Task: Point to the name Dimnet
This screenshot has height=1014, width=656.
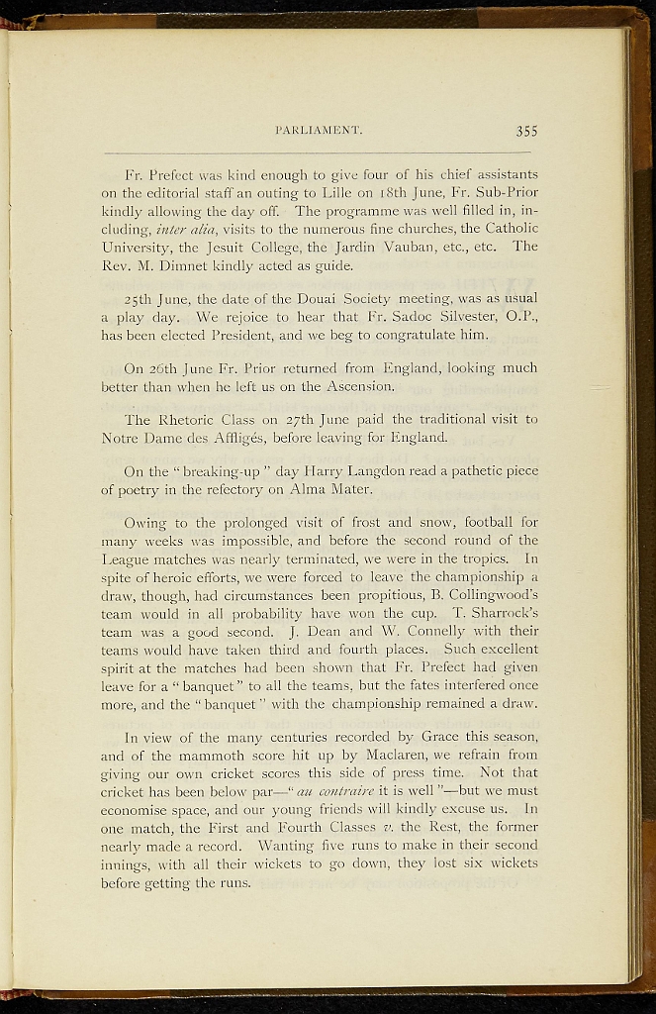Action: [206, 264]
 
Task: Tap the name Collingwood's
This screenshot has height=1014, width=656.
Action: [481, 594]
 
